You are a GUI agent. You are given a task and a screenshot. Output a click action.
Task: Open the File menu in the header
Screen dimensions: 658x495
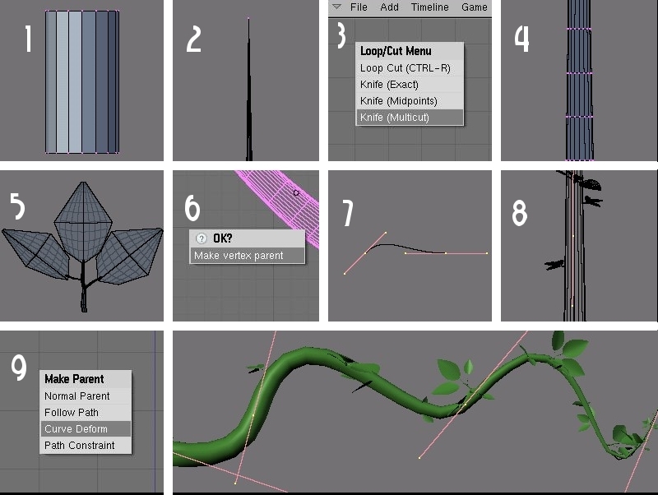coord(359,7)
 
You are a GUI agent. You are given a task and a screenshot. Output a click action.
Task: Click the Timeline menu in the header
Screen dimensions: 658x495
coord(429,7)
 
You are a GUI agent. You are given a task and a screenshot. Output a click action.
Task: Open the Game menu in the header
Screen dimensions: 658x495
coord(475,7)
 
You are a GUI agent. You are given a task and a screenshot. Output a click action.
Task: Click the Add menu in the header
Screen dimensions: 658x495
coord(389,7)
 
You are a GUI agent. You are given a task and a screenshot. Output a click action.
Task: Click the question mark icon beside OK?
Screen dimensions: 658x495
coord(202,238)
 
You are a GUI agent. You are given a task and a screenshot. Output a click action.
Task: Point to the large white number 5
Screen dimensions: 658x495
coord(17,206)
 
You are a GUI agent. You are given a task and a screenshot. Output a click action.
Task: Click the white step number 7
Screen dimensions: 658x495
coord(348,213)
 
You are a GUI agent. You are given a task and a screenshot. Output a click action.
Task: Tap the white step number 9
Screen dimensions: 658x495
coord(19,367)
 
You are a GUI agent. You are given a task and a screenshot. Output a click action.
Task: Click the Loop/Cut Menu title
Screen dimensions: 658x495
coord(396,51)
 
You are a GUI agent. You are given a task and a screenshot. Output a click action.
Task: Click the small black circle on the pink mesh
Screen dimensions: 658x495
coord(296,193)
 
